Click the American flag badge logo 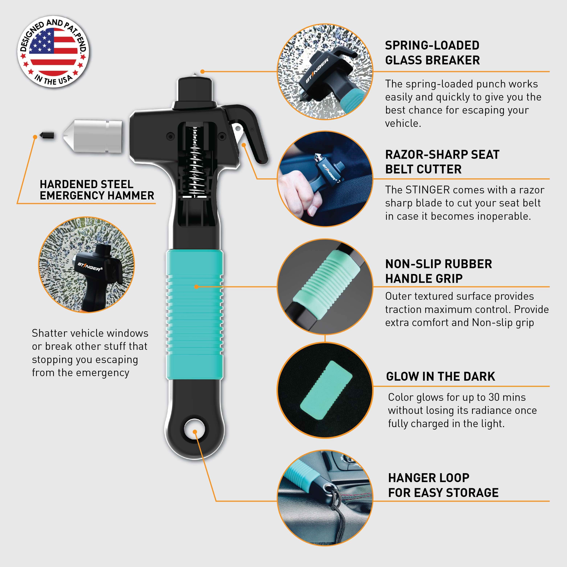coord(53,52)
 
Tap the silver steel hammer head coord(93,136)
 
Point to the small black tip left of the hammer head coord(47,136)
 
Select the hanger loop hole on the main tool coord(194,429)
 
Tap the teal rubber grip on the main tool coord(194,314)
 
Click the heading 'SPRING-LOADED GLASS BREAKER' coord(432,53)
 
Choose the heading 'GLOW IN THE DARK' coord(441,376)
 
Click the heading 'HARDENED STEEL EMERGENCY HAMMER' coord(97,190)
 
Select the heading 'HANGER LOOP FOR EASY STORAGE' coord(443,485)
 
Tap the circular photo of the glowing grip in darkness coord(325,390)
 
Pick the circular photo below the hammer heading coord(87,265)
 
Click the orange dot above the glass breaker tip coord(202,71)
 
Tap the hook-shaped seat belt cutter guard coord(249,129)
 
